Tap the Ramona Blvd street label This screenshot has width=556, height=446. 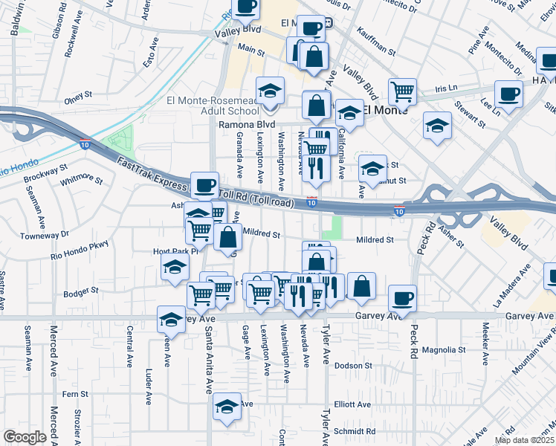(x=246, y=125)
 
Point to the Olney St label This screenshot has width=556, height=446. (x=77, y=95)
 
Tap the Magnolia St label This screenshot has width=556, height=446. (x=443, y=349)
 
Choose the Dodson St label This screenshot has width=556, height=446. (x=352, y=366)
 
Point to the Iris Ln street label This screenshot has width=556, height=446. (x=446, y=88)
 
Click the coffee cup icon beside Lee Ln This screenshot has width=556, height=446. (x=508, y=94)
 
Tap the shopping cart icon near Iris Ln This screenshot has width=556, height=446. (x=402, y=91)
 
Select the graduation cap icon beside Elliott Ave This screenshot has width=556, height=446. (x=227, y=406)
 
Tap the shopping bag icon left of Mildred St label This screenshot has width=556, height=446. (x=227, y=237)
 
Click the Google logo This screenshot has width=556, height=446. (x=25, y=437)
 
